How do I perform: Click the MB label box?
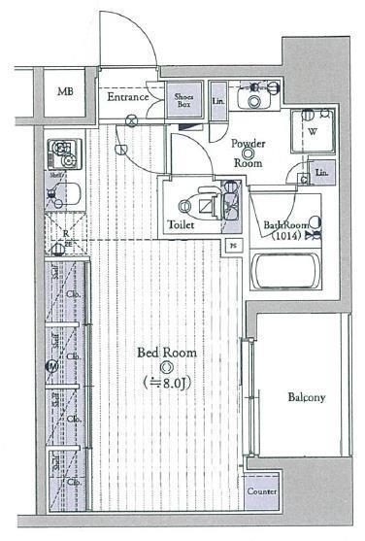pos(64,93)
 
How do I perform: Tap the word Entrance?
pos(127,97)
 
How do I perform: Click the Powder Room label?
pos(249,153)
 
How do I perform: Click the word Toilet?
pos(182,224)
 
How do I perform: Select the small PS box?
pos(233,246)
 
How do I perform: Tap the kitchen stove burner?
pos(62,152)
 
